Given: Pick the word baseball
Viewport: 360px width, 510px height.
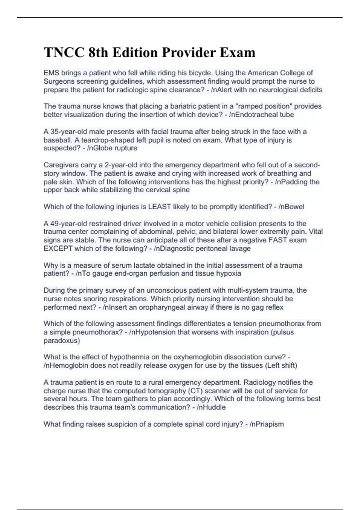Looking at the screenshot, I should [56, 140].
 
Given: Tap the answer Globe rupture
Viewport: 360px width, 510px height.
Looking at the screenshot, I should [114, 148].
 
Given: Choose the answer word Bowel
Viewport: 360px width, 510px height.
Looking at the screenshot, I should [295, 207].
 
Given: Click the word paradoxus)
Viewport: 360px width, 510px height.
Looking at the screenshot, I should [62, 340].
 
